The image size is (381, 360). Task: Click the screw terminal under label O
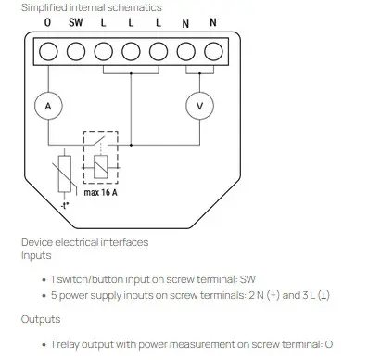[48, 51]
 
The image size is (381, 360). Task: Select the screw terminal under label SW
[76, 51]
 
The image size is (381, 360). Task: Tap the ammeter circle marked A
[48, 106]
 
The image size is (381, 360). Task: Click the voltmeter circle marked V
[199, 106]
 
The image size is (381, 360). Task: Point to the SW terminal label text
[76, 22]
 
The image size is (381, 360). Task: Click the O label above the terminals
[47, 22]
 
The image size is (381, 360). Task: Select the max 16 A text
[100, 192]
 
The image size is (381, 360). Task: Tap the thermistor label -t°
[65, 205]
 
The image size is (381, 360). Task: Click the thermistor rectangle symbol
[65, 174]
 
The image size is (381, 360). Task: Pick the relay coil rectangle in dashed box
[101, 167]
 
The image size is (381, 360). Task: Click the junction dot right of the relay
[131, 145]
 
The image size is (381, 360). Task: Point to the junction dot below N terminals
[199, 73]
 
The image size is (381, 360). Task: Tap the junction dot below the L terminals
[131, 73]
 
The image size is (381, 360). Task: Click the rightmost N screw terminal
[213, 51]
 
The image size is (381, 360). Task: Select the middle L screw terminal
[131, 51]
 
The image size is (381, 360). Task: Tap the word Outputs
[41, 319]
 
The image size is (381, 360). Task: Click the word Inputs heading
[36, 255]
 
